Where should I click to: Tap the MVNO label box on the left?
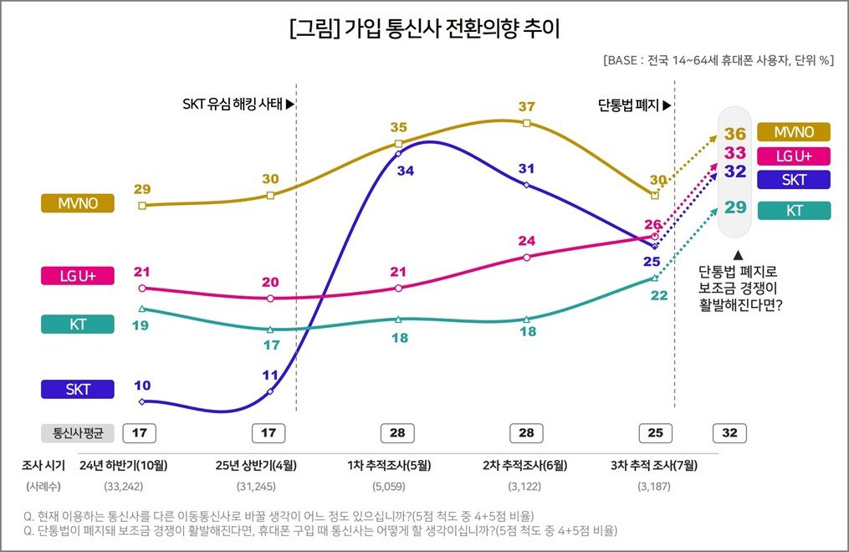click(x=77, y=203)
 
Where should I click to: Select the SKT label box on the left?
click(x=77, y=389)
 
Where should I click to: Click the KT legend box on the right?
click(x=794, y=211)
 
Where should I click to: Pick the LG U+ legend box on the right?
click(x=794, y=156)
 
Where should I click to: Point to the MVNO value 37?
click(x=526, y=107)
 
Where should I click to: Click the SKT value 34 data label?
click(x=406, y=171)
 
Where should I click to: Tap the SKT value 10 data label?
click(x=142, y=386)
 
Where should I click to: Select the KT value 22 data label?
click(x=659, y=295)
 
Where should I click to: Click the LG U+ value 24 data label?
click(x=526, y=241)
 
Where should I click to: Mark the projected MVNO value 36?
click(x=735, y=134)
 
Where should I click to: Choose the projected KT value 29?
click(x=735, y=207)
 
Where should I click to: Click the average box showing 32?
click(x=729, y=433)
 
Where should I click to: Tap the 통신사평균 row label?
click(x=77, y=433)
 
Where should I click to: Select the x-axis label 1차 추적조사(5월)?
click(x=397, y=465)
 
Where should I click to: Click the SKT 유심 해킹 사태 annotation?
click(x=238, y=105)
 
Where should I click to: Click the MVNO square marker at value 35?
click(x=398, y=144)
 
